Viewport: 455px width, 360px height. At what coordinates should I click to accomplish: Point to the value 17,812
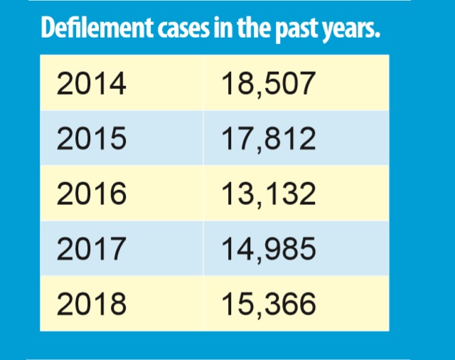click(267, 139)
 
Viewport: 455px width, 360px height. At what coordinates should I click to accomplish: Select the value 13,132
click(267, 194)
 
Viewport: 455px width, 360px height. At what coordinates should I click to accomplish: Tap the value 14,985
click(267, 248)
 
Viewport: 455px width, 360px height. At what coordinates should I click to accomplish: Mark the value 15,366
click(267, 304)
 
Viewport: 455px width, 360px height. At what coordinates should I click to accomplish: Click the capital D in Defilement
click(48, 29)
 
